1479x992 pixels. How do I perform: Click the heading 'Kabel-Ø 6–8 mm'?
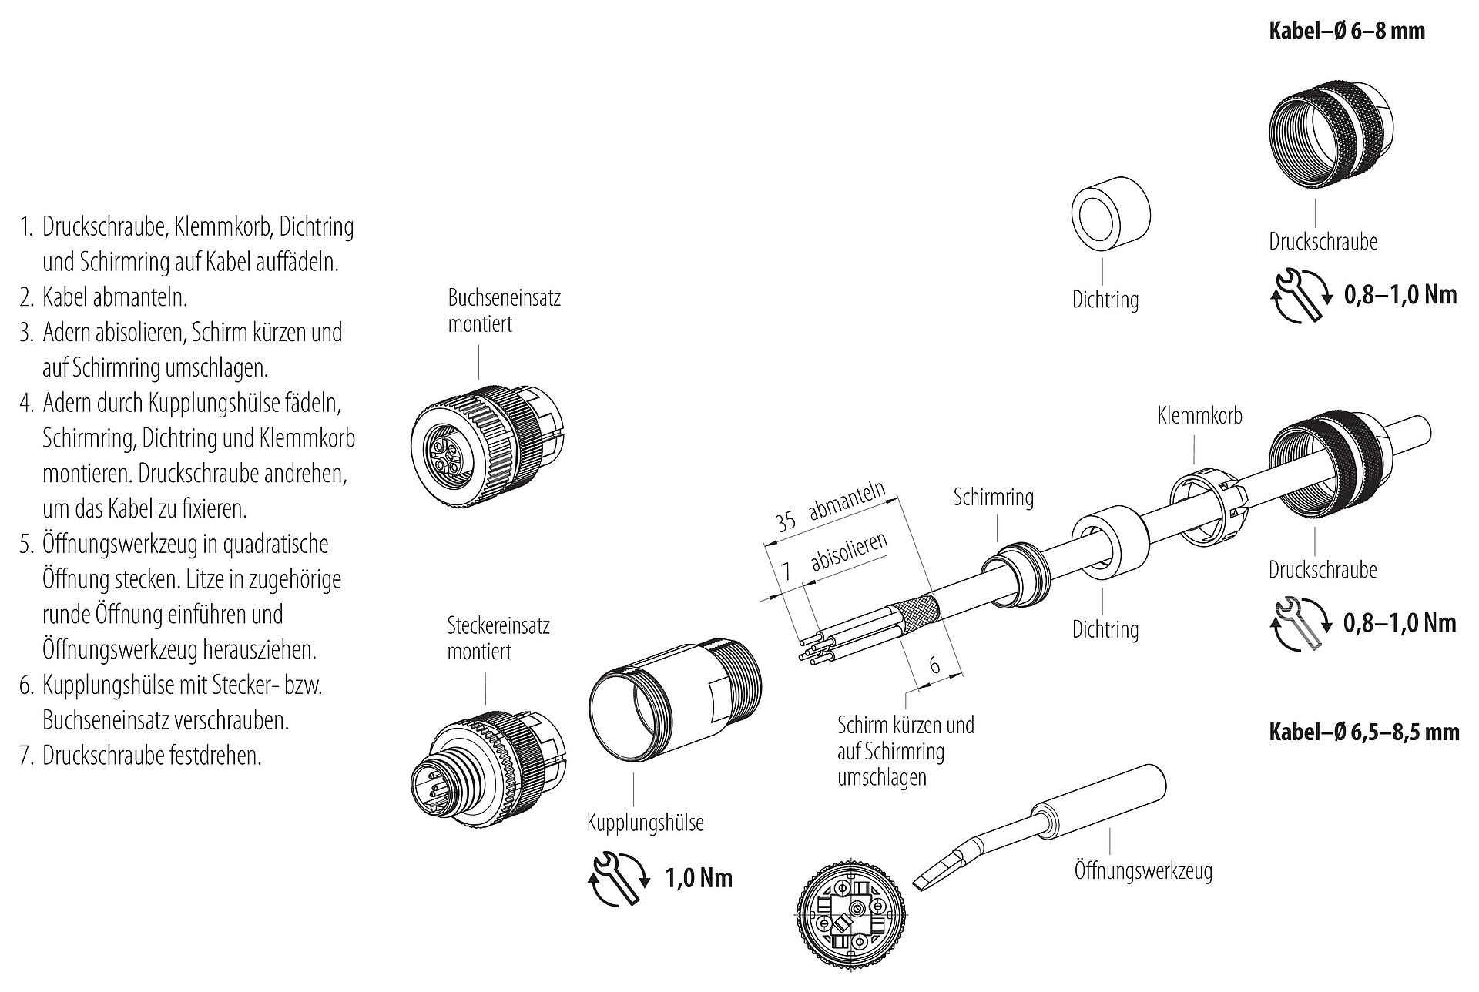(x=1347, y=32)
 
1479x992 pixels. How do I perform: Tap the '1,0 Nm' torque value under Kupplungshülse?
(x=699, y=877)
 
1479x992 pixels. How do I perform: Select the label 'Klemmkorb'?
(x=1199, y=416)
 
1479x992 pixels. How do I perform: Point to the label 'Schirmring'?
(x=994, y=497)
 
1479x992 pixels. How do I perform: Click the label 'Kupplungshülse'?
(x=646, y=823)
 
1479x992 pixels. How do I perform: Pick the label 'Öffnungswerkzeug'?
(x=1143, y=871)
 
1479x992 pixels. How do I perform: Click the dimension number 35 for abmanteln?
(x=786, y=521)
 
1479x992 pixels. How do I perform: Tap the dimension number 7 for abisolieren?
(x=786, y=571)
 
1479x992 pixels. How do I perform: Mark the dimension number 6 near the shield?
(x=934, y=664)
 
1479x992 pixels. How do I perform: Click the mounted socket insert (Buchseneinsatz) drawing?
(x=491, y=448)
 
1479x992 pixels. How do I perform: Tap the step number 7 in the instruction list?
(x=26, y=756)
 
